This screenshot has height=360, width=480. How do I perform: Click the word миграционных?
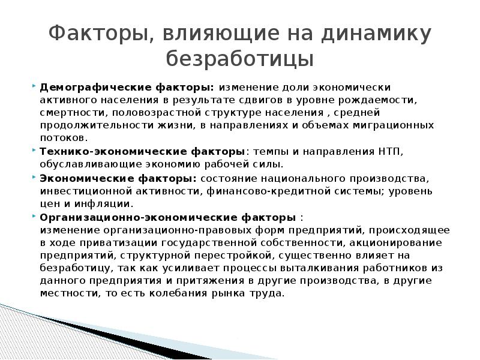pos(395,125)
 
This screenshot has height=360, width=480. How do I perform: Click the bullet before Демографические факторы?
pos(33,86)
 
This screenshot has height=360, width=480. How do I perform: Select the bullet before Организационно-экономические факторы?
pos(33,216)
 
